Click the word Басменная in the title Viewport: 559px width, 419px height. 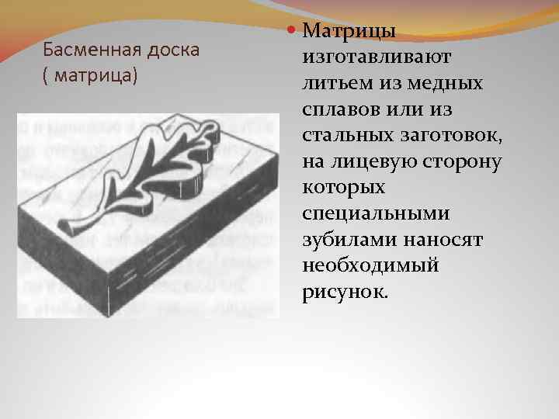tap(84, 51)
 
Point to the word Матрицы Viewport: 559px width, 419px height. tap(349, 32)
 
